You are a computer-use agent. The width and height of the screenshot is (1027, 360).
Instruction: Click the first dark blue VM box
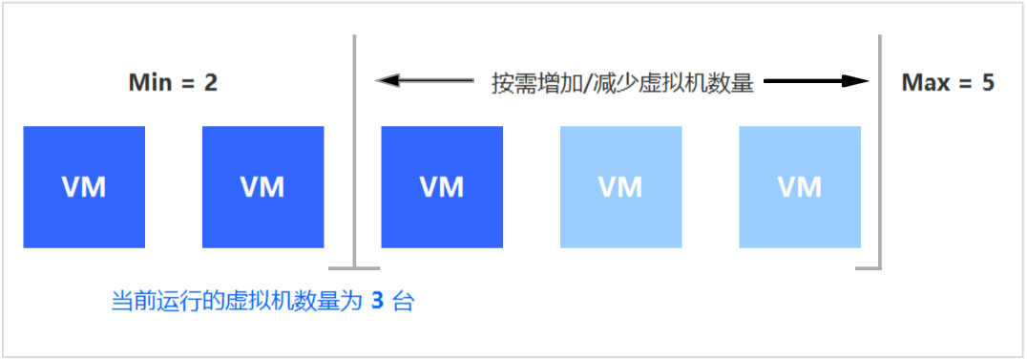84,187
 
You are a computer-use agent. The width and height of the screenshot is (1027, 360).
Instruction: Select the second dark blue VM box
262,187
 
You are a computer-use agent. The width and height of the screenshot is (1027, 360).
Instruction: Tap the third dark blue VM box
442,187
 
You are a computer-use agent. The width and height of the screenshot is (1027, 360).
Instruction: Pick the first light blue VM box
620,187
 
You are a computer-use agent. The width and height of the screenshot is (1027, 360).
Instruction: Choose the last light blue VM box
800,187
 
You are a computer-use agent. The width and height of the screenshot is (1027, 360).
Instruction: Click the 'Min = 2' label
173,83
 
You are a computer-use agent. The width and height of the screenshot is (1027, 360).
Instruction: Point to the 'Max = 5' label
948,83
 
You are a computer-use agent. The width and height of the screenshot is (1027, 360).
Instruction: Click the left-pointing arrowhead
386,82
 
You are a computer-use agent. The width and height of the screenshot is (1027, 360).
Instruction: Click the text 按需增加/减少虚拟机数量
622,83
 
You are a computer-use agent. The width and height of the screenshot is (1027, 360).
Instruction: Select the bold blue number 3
377,304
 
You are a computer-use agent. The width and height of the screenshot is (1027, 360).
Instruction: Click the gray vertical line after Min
354,153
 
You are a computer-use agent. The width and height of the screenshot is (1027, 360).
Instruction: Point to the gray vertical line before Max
880,153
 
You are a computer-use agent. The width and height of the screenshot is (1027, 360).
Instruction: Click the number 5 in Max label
988,83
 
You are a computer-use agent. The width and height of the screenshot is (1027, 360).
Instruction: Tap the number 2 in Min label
210,83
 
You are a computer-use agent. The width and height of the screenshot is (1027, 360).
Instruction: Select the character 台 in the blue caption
404,304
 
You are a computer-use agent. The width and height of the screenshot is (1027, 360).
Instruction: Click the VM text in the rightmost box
800,187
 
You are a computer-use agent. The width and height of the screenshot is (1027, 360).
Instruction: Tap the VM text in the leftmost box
84,187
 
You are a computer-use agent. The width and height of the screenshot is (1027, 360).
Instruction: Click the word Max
926,83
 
